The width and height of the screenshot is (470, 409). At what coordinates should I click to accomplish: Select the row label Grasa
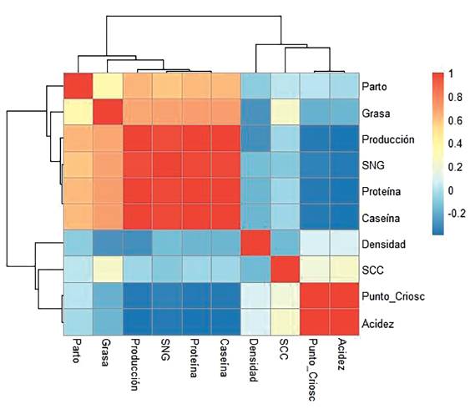point(377,113)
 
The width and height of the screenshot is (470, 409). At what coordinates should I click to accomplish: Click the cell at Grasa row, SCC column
point(285,113)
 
